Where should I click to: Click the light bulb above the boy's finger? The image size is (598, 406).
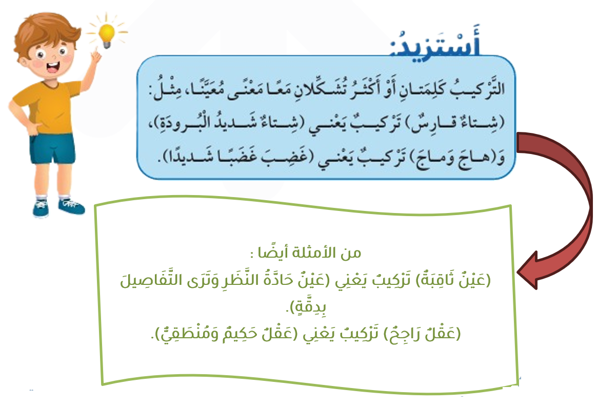pyautogui.click(x=107, y=35)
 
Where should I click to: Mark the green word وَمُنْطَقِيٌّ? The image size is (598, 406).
pyautogui.click(x=188, y=334)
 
